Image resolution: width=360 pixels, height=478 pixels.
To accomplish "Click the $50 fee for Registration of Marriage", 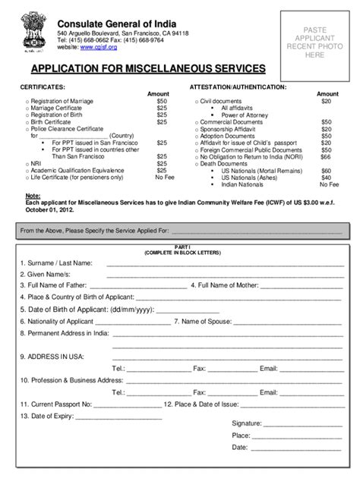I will pyautogui.click(x=162, y=101).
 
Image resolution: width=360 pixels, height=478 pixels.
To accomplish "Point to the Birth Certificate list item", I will pyautogui.click(x=56, y=122).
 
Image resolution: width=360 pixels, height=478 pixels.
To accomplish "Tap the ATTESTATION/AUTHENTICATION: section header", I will pyautogui.click(x=238, y=87).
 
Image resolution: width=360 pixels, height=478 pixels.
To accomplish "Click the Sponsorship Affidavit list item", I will pyautogui.click(x=229, y=129).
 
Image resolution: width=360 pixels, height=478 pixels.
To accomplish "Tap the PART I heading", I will pyautogui.click(x=180, y=246).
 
